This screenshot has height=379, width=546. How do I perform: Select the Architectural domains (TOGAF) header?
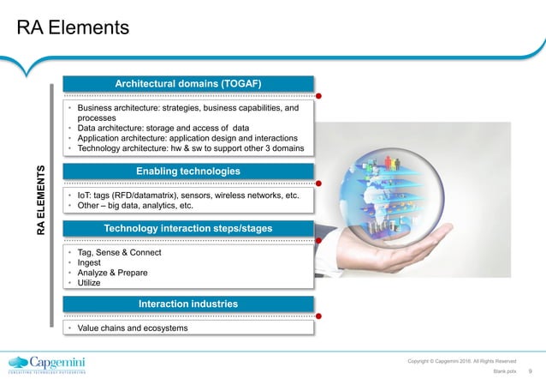(x=188, y=82)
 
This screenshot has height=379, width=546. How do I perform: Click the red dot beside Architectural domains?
(x=320, y=95)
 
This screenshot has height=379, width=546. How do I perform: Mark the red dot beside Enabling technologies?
(x=320, y=183)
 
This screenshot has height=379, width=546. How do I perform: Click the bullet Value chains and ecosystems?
(x=129, y=328)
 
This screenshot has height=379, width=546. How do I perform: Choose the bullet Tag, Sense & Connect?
(x=119, y=253)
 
